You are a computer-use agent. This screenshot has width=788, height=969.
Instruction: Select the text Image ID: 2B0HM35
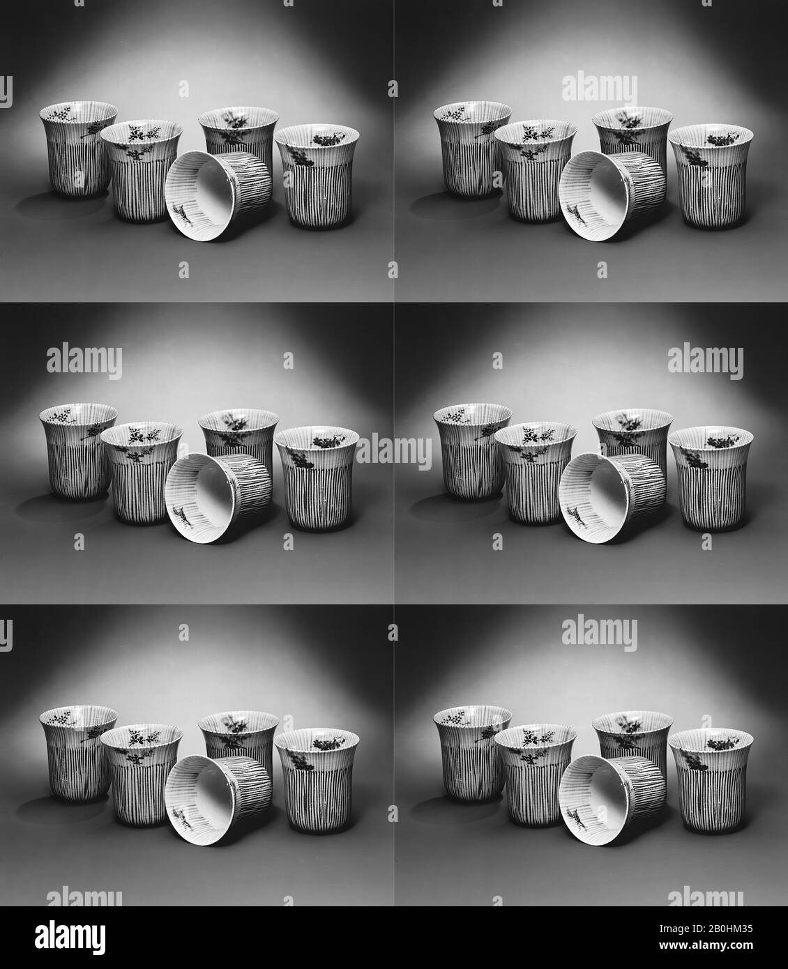(706, 929)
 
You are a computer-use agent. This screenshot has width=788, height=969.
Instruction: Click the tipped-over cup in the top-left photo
(218, 196)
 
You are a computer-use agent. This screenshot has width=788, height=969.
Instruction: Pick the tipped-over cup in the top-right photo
(612, 196)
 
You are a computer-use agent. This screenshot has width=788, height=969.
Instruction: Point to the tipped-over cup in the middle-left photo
(218, 498)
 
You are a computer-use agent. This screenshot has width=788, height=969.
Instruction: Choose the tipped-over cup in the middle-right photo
(612, 498)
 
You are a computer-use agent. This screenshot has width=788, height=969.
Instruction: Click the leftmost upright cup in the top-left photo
(78, 149)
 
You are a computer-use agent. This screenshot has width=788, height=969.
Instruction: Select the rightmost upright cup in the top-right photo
(711, 176)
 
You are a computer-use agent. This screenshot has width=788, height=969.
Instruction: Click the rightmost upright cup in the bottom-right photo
(711, 781)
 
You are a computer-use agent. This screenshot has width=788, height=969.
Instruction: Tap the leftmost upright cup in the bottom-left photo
(78, 754)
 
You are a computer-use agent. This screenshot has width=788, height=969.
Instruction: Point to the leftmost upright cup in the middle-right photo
(472, 452)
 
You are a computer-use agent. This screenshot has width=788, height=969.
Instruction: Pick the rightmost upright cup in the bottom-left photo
(317, 781)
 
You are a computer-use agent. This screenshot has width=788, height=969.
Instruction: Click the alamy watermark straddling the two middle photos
(394, 452)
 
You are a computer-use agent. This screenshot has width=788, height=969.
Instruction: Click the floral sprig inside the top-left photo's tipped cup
(183, 214)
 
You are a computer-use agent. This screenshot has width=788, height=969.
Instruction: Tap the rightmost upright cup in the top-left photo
(317, 176)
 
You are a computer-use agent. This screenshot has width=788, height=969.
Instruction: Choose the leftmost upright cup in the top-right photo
(472, 149)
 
